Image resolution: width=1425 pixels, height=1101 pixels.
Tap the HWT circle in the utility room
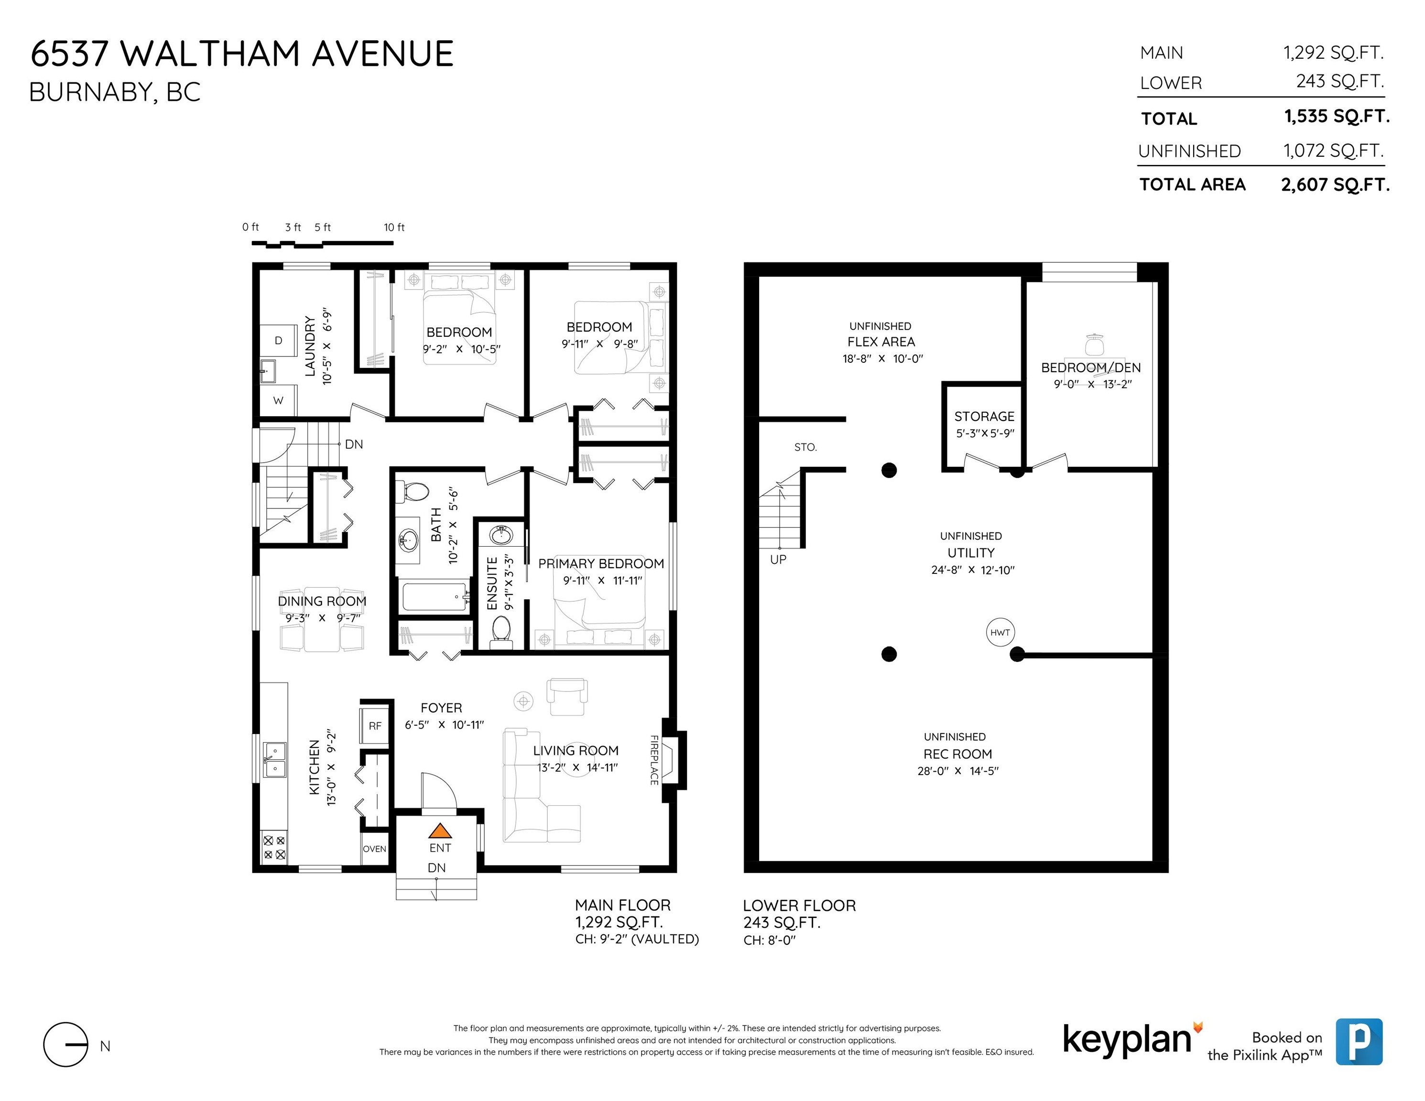click(x=1000, y=632)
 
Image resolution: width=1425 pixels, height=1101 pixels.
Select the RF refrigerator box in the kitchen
click(x=375, y=725)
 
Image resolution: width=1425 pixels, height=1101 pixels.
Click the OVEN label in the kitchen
click(x=374, y=849)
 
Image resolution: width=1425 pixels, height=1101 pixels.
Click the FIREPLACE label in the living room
click(x=654, y=759)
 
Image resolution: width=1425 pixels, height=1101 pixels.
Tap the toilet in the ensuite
click(x=501, y=631)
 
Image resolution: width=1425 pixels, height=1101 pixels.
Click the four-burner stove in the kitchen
click(x=274, y=847)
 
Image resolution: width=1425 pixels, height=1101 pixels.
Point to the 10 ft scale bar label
click(x=394, y=227)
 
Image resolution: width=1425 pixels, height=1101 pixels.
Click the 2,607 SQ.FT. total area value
click(x=1335, y=184)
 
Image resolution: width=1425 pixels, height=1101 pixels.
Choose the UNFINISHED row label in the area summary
click(x=1189, y=151)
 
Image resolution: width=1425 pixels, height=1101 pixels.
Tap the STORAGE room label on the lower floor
click(x=984, y=416)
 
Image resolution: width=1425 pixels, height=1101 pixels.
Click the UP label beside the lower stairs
click(x=778, y=559)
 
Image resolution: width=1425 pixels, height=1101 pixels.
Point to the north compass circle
click(x=65, y=1044)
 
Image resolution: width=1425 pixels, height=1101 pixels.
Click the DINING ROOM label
click(x=322, y=601)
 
